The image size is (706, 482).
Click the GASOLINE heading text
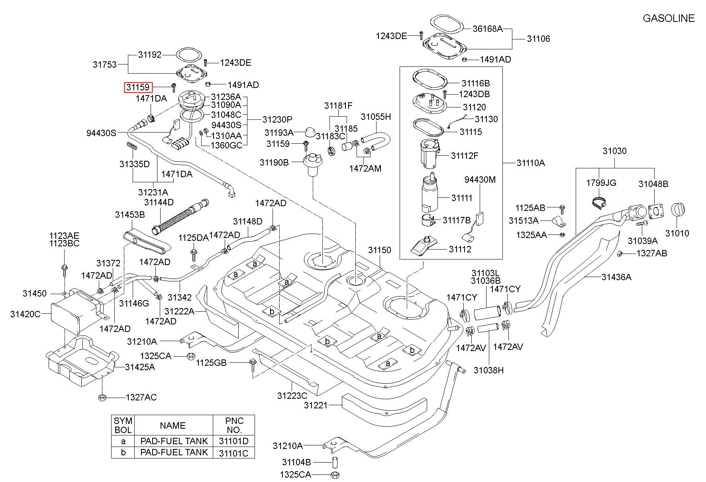click(669, 18)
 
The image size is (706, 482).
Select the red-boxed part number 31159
click(138, 87)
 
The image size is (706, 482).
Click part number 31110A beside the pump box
click(531, 163)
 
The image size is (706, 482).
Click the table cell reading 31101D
click(233, 441)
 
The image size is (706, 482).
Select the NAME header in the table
click(173, 425)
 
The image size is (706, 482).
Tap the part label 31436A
click(616, 277)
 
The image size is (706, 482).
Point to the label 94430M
click(480, 180)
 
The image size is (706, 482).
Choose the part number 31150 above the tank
click(379, 250)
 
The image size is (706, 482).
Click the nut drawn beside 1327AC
click(102, 397)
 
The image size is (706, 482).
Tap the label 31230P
click(277, 119)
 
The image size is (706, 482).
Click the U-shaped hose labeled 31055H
click(377, 139)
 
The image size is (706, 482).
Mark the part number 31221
click(316, 405)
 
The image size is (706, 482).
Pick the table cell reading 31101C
click(233, 453)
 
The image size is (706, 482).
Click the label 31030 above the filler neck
click(614, 151)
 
